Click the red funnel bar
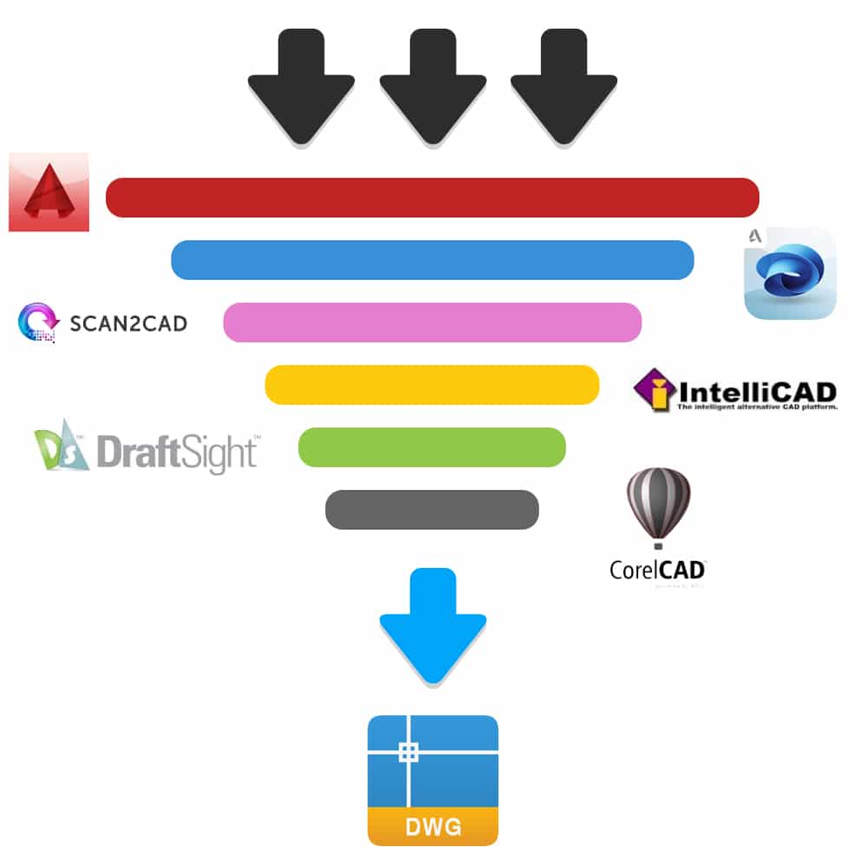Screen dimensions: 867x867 click(432, 198)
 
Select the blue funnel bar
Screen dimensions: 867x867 click(432, 260)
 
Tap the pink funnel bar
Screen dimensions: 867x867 click(432, 323)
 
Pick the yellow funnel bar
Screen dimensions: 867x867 click(432, 385)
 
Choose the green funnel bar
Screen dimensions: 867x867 click(432, 447)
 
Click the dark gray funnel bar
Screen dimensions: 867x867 click(432, 510)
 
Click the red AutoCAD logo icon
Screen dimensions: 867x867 click(49, 192)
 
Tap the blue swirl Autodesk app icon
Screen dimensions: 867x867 click(790, 273)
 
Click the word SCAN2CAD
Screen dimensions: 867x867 click(127, 324)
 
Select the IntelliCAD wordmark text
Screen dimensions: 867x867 click(756, 390)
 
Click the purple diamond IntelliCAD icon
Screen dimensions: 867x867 click(655, 389)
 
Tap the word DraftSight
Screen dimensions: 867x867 click(176, 452)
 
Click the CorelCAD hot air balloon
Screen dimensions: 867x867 click(657, 505)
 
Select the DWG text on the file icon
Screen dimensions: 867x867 click(433, 827)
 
